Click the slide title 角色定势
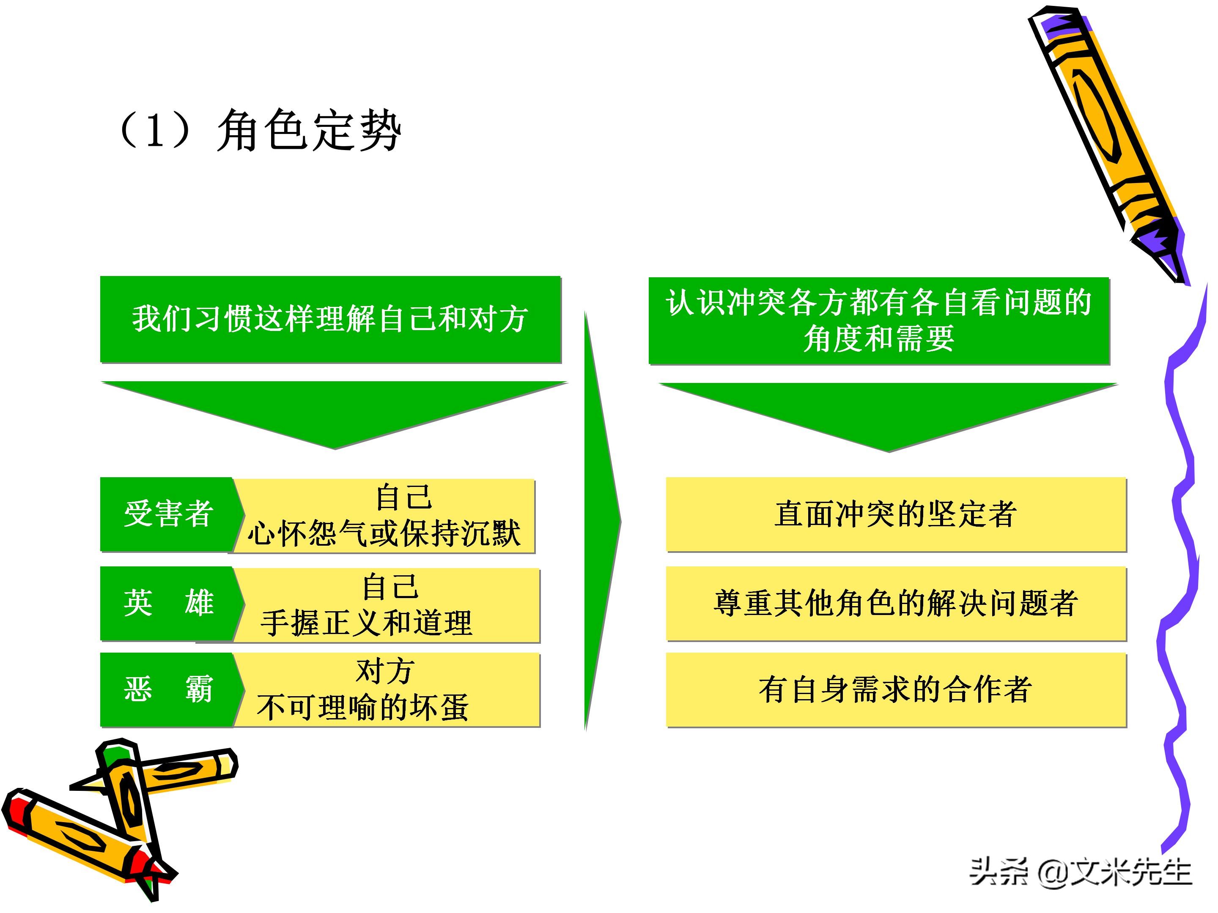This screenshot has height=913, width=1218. pos(308,131)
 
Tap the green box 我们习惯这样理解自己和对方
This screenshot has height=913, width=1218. pos(330,319)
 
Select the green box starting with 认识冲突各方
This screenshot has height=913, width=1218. pos(879,320)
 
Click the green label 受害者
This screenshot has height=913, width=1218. pos(168,514)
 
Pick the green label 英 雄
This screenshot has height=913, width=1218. pos(168,603)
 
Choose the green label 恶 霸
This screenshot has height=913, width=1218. pos(168,689)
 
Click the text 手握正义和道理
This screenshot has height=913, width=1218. pos(366,623)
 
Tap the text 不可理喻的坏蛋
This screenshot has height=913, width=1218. pos(362,708)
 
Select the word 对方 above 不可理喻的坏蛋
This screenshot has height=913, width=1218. pos(385,671)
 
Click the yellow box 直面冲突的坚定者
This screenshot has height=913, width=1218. pos(896,514)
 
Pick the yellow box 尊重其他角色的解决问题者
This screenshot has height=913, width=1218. pos(896,603)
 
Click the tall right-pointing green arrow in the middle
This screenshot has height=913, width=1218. pos(600,520)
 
